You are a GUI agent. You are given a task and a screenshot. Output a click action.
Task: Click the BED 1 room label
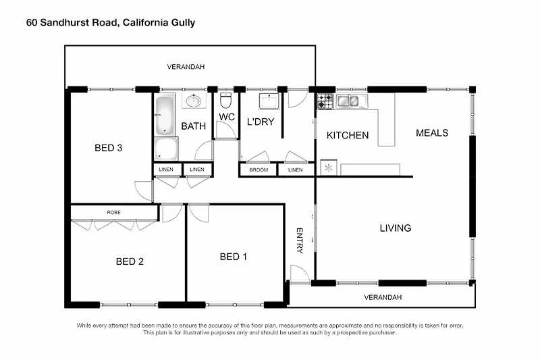(234, 257)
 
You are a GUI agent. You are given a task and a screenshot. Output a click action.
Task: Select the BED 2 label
(130, 261)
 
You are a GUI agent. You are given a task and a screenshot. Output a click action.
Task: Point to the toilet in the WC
(226, 101)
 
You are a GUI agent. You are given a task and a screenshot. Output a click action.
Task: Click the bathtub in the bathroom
(165, 115)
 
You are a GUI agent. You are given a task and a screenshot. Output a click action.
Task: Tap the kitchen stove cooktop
(325, 101)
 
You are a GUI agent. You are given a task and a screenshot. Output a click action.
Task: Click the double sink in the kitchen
(349, 101)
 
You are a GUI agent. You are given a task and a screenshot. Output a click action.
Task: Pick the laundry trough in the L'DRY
(269, 101)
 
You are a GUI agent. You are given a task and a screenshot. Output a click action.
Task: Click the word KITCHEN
(348, 135)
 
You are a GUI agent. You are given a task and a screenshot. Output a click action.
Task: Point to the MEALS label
(432, 132)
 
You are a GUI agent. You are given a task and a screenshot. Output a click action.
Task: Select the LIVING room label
(395, 228)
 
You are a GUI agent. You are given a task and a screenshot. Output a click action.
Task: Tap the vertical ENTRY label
(300, 240)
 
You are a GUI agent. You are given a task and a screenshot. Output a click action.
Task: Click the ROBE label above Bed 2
(114, 212)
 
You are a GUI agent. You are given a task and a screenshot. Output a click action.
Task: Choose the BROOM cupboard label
(259, 170)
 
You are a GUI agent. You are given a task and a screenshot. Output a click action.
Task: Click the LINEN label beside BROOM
(295, 170)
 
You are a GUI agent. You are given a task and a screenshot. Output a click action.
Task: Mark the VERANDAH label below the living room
(383, 297)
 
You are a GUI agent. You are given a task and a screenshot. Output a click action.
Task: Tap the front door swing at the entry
(299, 274)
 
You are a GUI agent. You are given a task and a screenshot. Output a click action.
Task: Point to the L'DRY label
(261, 122)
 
